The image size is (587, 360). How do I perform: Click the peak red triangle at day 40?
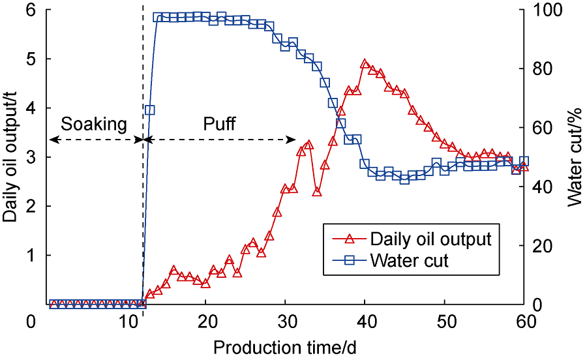365,63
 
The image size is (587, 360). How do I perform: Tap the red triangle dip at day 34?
317,191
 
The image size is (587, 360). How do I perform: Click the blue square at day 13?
150,110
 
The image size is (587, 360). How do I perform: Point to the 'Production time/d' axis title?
284,346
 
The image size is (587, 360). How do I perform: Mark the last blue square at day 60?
524,161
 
